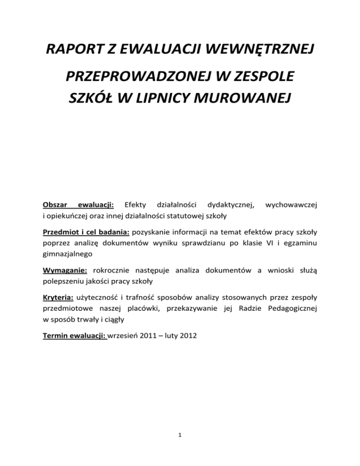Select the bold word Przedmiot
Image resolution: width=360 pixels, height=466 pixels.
(61, 233)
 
